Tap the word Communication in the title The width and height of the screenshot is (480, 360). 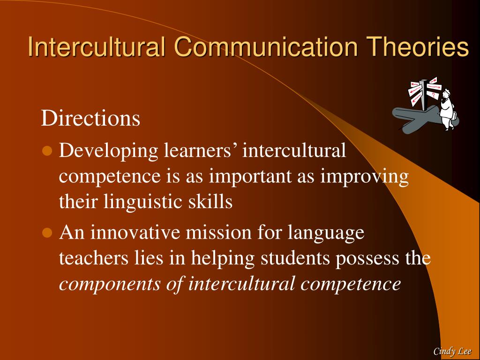(x=266, y=46)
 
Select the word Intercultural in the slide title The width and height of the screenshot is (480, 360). (x=97, y=46)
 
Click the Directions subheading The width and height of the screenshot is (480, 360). (x=90, y=118)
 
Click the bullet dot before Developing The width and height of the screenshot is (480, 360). (x=47, y=151)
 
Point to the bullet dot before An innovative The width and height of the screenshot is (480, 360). (x=47, y=232)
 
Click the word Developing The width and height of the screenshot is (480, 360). (x=109, y=151)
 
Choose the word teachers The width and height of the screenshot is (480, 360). (x=94, y=258)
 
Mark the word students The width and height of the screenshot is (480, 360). (x=295, y=258)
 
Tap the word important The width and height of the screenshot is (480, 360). (x=250, y=177)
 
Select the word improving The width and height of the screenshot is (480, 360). (x=365, y=177)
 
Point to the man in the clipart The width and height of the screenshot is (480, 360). (x=447, y=109)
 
